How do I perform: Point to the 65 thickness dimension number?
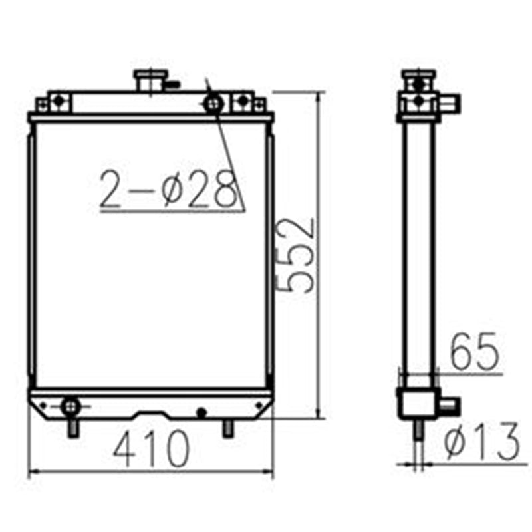(x=474, y=352)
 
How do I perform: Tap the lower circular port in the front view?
(x=69, y=405)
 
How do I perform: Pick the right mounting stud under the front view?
(x=228, y=428)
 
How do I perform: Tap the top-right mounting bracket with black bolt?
(x=243, y=102)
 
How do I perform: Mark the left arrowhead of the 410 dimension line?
(x=32, y=473)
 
